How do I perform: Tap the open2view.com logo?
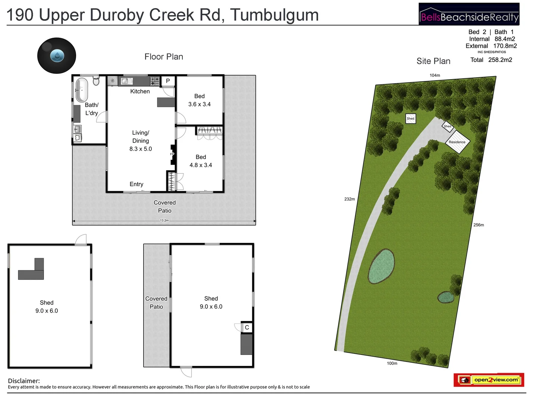tap(489, 380)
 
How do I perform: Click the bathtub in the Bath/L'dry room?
tap(82, 90)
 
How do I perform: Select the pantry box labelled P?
tap(168, 81)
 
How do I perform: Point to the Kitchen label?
tap(140, 91)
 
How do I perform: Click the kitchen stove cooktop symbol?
tap(155, 81)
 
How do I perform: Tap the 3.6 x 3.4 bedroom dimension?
tap(200, 104)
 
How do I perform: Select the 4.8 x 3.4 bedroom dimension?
tap(201, 165)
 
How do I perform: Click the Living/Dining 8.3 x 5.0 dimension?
tap(141, 149)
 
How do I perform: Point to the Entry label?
tap(136, 184)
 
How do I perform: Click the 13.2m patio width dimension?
tap(164, 221)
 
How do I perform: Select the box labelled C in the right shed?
tap(247, 327)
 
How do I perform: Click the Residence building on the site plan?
tap(458, 142)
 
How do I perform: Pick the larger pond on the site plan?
tap(381, 266)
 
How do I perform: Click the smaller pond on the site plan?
tap(446, 297)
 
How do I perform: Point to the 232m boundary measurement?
tap(349, 199)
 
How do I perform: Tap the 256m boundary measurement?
tap(478, 225)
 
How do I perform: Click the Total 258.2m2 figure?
tap(491, 60)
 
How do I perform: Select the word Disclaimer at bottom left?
tap(24, 381)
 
